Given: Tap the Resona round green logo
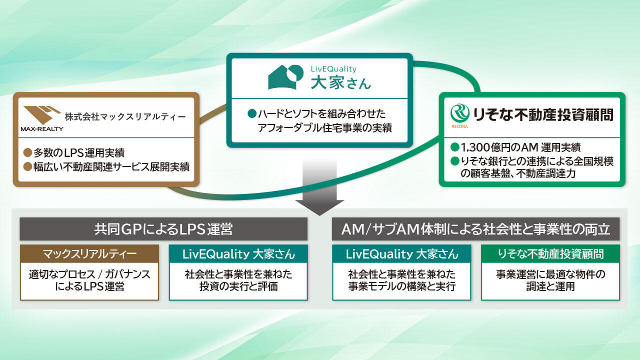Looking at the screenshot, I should point(459,113).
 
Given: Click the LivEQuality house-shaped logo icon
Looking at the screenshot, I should point(285,77).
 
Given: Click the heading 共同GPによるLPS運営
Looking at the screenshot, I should point(163,229).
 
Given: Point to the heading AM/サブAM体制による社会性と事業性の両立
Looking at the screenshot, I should point(475,229).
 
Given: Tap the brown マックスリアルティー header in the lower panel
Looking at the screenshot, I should point(89,253).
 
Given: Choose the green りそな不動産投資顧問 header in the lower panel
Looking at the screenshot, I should point(550,253).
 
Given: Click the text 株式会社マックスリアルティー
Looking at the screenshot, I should point(125,117).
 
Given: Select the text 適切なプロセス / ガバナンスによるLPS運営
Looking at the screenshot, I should point(89,280).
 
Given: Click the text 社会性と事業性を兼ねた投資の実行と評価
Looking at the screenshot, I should point(238,280).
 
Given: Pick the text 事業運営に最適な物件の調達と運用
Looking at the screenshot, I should point(550,280).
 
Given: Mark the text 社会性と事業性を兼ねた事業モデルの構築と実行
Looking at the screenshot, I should point(401,280).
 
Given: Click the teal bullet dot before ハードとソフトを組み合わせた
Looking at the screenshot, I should point(252,114).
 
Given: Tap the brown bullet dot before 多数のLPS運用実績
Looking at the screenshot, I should point(27,152).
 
